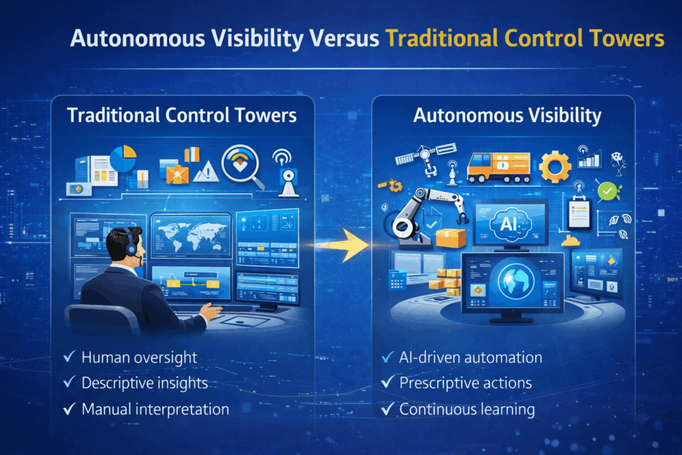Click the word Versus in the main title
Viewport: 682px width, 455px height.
[x=344, y=38]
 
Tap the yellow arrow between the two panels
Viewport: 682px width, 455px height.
[x=344, y=245]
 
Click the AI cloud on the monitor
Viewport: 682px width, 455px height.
[x=510, y=224]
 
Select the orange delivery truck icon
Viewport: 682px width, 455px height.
[x=498, y=167]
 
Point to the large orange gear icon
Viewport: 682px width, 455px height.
[x=555, y=166]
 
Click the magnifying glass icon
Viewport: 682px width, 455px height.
[x=242, y=167]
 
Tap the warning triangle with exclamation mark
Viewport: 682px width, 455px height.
[x=206, y=171]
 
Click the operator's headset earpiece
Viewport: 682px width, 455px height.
[x=131, y=248]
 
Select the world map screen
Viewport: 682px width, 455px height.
[x=191, y=236]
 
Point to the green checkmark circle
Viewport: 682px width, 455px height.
[x=607, y=191]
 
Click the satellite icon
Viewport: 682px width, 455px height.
[x=426, y=157]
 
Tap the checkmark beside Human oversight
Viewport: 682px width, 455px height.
[x=69, y=356]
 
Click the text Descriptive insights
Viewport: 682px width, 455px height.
[x=145, y=383]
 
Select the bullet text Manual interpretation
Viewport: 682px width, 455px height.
[x=155, y=409]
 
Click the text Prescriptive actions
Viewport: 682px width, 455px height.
[x=466, y=383]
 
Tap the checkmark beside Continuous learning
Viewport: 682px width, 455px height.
[x=388, y=409]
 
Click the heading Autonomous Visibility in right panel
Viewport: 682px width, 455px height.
[x=507, y=116]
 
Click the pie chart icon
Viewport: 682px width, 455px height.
[x=123, y=159]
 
